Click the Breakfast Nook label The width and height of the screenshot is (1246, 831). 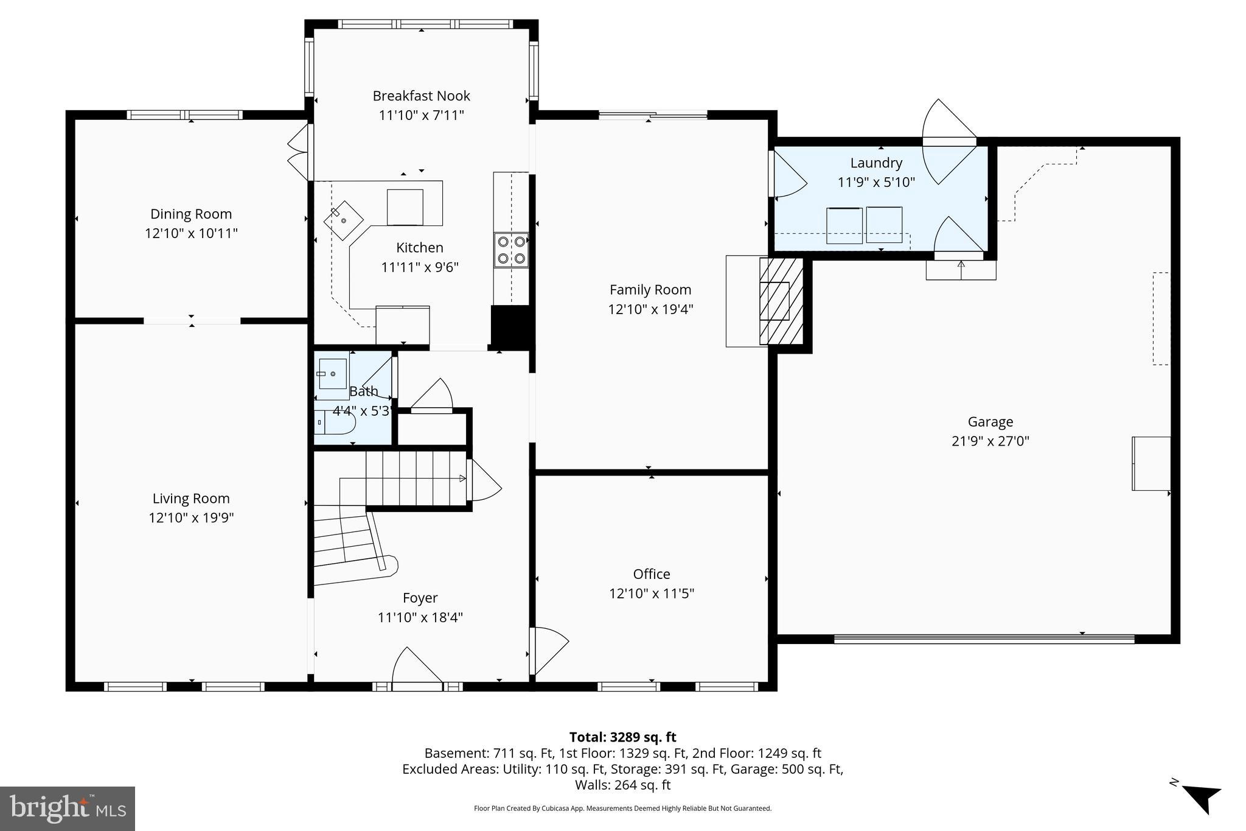tap(421, 96)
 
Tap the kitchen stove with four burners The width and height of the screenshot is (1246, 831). tap(511, 250)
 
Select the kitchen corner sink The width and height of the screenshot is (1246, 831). tap(343, 219)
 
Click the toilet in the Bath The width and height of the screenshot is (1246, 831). tap(334, 421)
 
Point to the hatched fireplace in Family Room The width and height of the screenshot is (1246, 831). tap(781, 301)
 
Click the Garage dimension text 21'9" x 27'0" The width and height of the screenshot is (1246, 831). tap(990, 441)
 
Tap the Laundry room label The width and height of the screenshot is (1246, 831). tap(875, 163)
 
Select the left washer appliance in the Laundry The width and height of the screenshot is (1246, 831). tap(844, 225)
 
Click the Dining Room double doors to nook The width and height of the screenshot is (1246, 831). tap(298, 152)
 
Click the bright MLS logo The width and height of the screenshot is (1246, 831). tap(68, 808)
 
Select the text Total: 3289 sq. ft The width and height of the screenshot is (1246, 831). tap(622, 737)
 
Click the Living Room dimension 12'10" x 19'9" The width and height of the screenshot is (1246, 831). tap(191, 517)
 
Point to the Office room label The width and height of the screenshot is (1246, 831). tap(651, 573)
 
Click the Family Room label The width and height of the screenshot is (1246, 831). tap(650, 289)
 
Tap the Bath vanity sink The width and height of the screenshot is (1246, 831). tap(332, 373)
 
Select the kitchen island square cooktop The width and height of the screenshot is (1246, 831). tap(405, 207)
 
